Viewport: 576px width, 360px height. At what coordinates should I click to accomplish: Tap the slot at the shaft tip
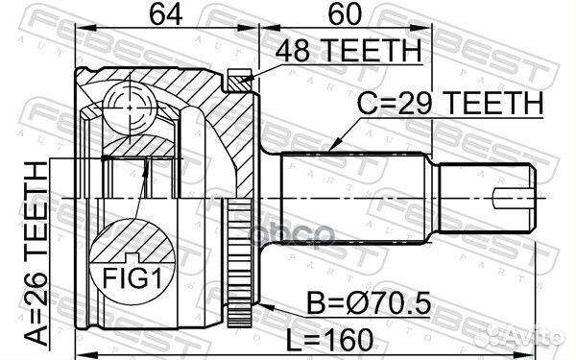click(x=514, y=200)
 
